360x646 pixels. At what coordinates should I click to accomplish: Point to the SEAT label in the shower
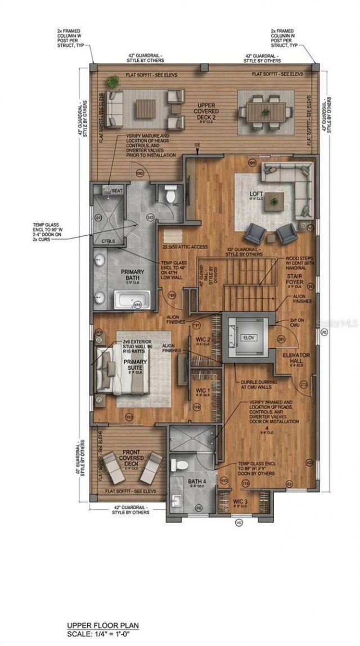point(117,191)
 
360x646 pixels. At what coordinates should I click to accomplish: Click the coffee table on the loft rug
point(276,200)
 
